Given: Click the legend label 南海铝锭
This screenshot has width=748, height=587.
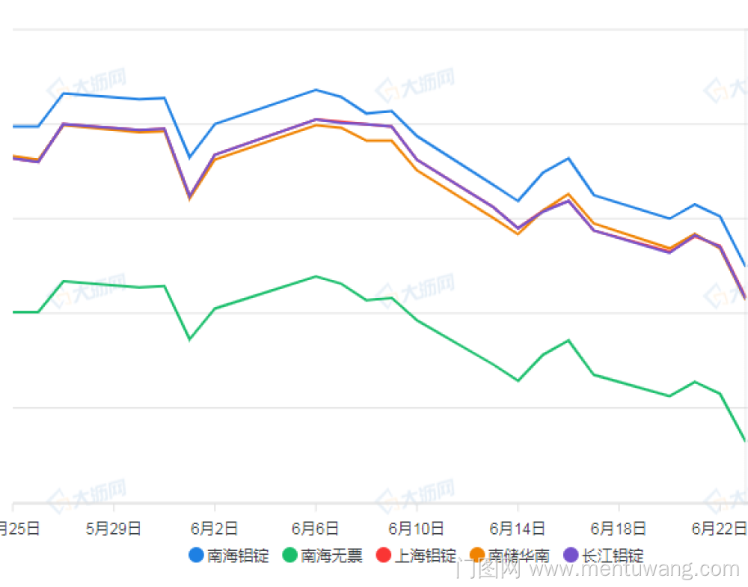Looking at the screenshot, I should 239,556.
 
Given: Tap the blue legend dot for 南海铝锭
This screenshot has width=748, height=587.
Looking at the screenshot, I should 196,556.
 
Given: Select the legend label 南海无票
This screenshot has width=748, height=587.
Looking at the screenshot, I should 332,556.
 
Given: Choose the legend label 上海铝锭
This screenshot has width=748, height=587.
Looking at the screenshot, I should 426,556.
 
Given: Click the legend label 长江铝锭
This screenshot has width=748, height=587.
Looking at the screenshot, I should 613,556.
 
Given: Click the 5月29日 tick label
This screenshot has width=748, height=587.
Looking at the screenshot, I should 114,529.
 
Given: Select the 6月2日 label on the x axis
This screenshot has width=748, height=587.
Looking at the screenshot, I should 215,529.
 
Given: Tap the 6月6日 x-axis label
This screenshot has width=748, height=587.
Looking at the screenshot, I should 316,529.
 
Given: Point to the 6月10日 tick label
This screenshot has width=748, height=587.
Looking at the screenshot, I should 417,529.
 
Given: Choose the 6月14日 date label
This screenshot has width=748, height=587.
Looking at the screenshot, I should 518,529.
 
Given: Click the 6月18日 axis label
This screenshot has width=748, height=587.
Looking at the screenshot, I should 619,529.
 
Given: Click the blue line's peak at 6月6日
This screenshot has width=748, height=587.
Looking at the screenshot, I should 316,90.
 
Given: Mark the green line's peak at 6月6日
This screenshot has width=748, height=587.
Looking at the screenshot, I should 316,276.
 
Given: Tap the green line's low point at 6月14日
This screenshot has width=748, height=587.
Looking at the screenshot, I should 518,380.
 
